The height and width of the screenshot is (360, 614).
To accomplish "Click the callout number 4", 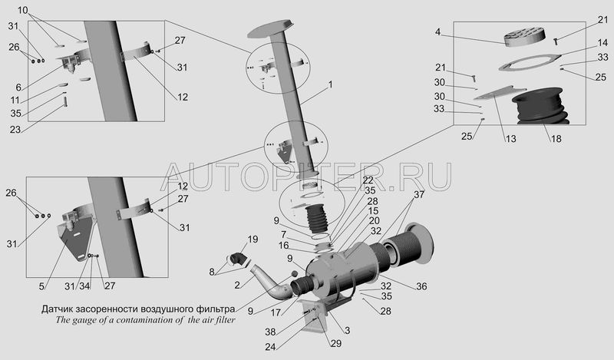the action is point(437,31).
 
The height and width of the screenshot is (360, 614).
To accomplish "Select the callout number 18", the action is point(556,138).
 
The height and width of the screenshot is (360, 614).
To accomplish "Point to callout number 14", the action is point(602,43).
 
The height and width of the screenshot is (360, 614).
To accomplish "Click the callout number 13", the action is point(510,138).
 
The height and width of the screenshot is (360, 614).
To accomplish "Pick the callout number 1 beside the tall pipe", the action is point(331,84).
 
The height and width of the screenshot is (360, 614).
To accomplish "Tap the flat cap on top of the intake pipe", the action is point(271,28).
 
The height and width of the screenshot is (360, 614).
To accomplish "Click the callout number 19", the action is point(253,239).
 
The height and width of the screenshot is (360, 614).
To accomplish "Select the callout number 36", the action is point(421,286).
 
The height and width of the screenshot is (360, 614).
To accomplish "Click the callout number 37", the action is point(419,194).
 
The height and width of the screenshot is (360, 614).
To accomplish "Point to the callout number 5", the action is point(41,286).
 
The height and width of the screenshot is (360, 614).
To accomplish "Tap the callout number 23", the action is point(15,129).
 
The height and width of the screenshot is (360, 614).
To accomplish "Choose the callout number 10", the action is point(23,10).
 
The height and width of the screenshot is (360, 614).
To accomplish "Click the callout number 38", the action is point(270,332).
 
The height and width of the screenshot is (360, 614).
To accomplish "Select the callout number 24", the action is point(270,347).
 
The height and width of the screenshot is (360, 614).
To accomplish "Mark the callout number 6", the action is point(18,88).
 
